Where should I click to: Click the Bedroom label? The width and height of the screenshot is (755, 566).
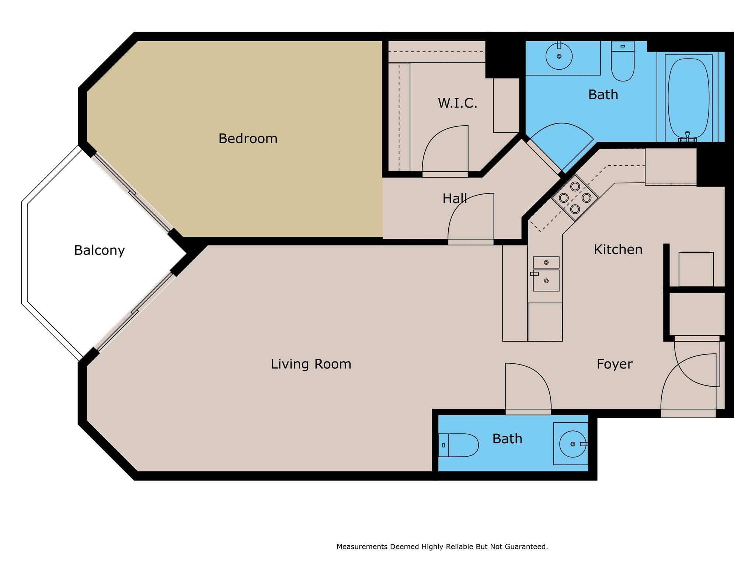tap(248, 139)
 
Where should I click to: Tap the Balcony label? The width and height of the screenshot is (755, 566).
tap(100, 251)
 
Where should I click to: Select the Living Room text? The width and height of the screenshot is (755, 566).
tap(311, 364)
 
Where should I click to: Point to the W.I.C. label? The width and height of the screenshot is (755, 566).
tap(457, 103)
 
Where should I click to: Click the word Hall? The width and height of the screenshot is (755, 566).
tap(455, 199)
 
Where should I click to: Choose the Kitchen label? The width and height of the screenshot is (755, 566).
tap(618, 249)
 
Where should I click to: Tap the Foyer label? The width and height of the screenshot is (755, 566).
tap(615, 364)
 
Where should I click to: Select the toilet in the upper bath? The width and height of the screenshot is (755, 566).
tap(623, 61)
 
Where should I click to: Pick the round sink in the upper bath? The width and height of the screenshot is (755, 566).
tap(559, 56)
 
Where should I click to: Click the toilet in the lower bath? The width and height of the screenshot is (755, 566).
tap(458, 445)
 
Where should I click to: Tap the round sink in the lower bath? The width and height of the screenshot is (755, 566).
tap(573, 444)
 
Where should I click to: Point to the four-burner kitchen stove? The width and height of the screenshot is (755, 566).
tap(575, 198)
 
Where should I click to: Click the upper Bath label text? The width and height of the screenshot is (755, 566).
tap(603, 95)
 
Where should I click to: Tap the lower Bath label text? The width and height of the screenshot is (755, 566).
tap(507, 439)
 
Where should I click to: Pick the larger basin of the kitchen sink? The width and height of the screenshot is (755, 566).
tap(546, 281)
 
